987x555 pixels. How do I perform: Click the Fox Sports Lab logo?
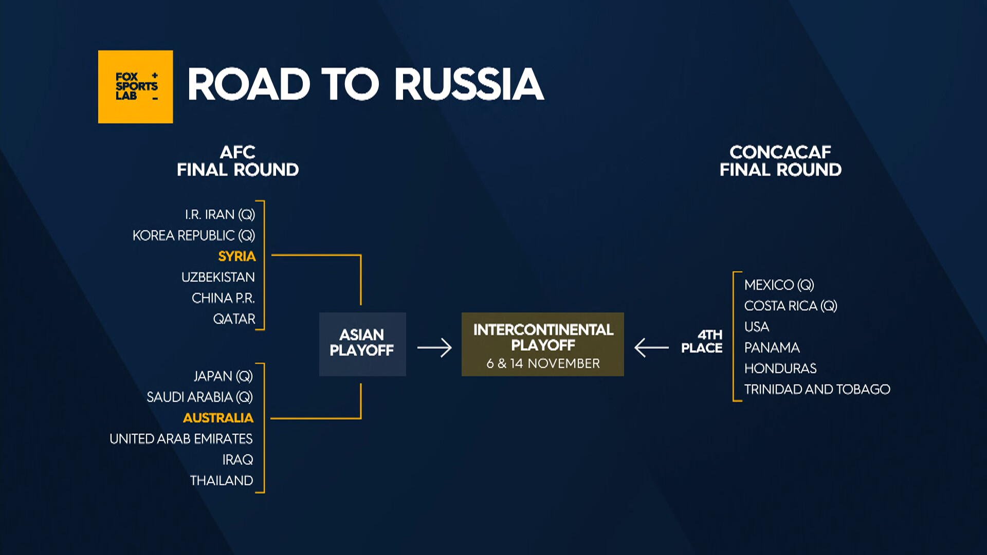pyautogui.click(x=135, y=86)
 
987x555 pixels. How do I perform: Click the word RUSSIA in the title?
pyautogui.click(x=469, y=84)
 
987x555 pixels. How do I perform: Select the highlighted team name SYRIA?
pyautogui.click(x=236, y=256)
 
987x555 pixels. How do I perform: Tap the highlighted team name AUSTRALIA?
pyautogui.click(x=218, y=418)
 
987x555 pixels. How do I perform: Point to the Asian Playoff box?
pyautogui.click(x=362, y=344)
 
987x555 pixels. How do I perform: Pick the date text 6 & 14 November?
pyautogui.click(x=543, y=363)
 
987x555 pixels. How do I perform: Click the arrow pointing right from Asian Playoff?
pyautogui.click(x=434, y=348)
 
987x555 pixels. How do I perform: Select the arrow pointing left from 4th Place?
pyautogui.click(x=651, y=348)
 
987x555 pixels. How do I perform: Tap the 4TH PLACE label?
pyautogui.click(x=702, y=341)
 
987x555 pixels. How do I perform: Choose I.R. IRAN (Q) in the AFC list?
pyautogui.click(x=220, y=214)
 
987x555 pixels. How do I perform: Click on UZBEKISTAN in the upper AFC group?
pyautogui.click(x=218, y=277)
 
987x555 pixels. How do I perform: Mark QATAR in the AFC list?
pyautogui.click(x=234, y=319)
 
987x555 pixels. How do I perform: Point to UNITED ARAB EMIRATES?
pyautogui.click(x=181, y=439)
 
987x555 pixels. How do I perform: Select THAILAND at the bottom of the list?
pyautogui.click(x=221, y=480)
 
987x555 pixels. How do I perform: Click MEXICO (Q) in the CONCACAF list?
pyautogui.click(x=779, y=285)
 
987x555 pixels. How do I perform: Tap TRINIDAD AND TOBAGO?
pyautogui.click(x=817, y=390)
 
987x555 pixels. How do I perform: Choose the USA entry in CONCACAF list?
pyautogui.click(x=756, y=327)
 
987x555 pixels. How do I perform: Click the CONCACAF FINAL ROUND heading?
pyautogui.click(x=780, y=161)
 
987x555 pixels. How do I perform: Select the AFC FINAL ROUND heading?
pyautogui.click(x=237, y=161)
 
